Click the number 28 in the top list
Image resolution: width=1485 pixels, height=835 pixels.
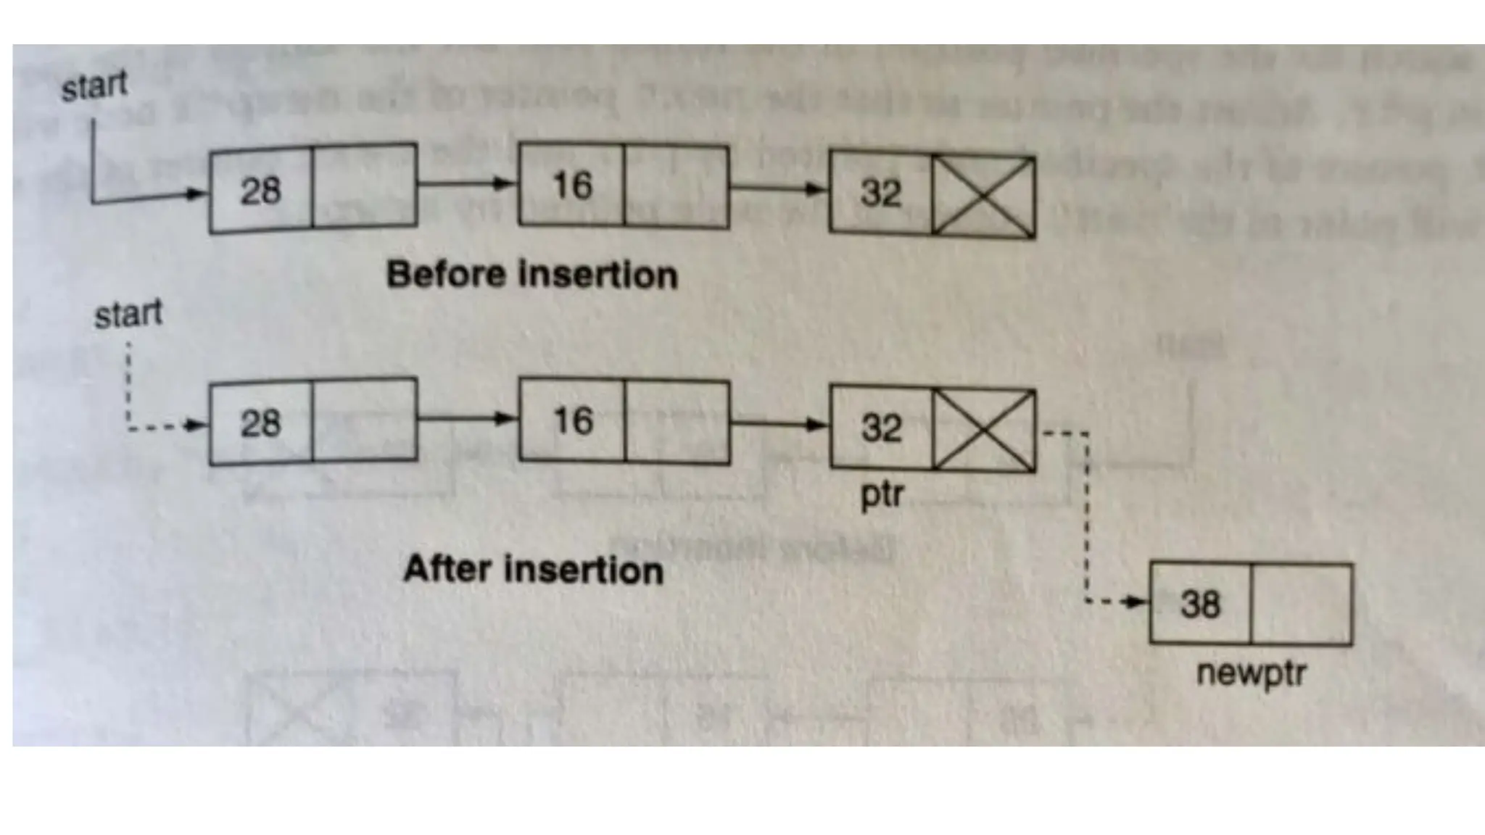[260, 191]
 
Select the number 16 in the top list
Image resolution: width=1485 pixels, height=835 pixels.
[572, 186]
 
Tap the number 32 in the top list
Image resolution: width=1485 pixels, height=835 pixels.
[881, 193]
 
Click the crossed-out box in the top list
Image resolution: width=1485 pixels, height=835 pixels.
[983, 196]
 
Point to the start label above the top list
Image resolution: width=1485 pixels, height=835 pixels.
[94, 86]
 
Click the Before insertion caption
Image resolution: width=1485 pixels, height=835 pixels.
[531, 275]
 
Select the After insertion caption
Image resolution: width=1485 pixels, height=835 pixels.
[533, 569]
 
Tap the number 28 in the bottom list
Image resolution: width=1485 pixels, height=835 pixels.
[260, 423]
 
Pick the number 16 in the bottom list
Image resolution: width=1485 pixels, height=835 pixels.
[573, 421]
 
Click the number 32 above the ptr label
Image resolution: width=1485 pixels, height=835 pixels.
[881, 428]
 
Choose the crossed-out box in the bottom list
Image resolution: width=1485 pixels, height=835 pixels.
[983, 430]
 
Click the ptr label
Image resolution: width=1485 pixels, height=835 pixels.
[882, 495]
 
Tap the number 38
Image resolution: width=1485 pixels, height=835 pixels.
[1200, 604]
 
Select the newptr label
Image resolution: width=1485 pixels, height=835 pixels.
[1251, 673]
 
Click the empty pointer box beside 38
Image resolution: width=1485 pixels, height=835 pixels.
[1301, 604]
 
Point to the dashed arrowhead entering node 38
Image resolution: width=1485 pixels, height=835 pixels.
[1132, 602]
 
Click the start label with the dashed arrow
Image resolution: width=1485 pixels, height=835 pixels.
[128, 315]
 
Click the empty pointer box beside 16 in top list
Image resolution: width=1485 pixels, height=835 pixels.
[676, 186]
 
